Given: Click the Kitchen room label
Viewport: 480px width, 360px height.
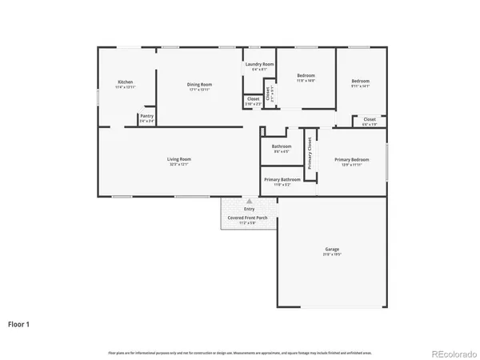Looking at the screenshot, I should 125,82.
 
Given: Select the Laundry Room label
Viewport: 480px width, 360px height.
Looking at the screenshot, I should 259,64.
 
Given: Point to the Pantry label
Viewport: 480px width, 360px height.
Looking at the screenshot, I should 146,116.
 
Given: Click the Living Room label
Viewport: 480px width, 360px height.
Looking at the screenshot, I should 178,159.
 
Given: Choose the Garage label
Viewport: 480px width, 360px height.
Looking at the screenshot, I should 331,250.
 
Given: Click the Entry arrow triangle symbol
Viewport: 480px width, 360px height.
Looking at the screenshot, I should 249,201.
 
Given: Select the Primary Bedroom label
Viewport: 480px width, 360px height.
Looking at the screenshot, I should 351,159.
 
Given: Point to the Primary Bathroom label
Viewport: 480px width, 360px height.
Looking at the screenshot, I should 282,179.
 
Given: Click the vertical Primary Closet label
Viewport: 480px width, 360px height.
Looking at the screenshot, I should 310,153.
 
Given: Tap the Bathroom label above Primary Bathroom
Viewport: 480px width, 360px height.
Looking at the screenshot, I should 282,146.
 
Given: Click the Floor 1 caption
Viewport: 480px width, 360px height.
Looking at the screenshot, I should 20,324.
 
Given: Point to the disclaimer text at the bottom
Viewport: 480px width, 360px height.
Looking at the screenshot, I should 240,352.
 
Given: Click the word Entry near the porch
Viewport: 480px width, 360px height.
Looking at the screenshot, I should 249,209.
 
